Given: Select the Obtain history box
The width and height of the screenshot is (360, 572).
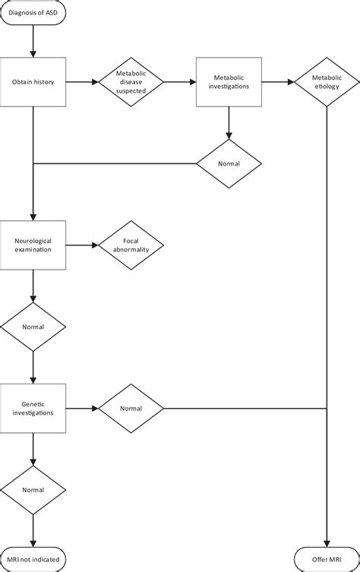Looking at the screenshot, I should [x=33, y=82].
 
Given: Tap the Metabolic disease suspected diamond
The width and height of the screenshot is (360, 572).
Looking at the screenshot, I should [x=131, y=82].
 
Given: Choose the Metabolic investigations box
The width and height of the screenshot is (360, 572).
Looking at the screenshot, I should [x=229, y=82].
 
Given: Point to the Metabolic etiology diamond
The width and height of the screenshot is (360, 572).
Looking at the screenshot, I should [x=327, y=82].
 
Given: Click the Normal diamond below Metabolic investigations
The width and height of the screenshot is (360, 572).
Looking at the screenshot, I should [x=229, y=163].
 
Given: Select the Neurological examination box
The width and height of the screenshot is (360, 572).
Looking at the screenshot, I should [x=33, y=245].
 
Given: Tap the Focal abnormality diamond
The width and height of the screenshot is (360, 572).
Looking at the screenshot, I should [x=131, y=245].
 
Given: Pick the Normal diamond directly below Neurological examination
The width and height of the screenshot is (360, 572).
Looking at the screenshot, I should [x=33, y=327].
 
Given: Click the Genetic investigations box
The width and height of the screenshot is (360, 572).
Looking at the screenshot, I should [x=33, y=408].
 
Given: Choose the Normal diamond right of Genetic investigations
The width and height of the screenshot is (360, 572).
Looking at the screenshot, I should [x=131, y=408].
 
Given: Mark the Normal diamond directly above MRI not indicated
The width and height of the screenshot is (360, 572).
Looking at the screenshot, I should [x=33, y=490].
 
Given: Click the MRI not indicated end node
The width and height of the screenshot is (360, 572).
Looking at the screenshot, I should [x=33, y=558].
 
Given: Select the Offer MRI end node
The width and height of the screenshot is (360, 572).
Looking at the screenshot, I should [x=327, y=558].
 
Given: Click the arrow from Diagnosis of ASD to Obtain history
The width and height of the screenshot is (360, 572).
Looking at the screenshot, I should [x=33, y=45].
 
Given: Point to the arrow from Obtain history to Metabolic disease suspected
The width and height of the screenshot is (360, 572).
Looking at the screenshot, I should [x=82, y=82].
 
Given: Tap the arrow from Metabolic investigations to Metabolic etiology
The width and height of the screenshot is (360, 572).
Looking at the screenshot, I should [x=277, y=82].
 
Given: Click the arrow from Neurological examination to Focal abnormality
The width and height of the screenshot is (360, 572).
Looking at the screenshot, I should [x=82, y=245].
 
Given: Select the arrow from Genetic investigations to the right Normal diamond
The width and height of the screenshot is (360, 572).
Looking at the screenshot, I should [x=82, y=408].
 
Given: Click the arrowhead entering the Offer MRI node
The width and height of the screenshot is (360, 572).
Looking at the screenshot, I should [x=327, y=539].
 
